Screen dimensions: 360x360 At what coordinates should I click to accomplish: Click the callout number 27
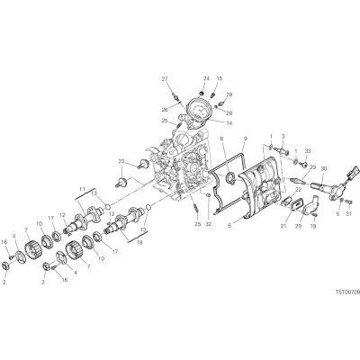point(165,79)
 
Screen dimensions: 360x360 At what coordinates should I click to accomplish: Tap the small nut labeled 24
point(202,92)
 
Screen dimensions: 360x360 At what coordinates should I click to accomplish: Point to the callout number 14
point(229,123)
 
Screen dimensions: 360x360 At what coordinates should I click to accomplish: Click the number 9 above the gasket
point(245,139)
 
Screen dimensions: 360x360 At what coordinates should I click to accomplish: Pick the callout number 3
point(283,137)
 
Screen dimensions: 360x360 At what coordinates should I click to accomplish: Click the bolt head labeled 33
point(304,165)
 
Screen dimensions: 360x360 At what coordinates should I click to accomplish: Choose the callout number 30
point(323,168)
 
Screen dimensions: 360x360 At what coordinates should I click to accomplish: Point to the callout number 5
point(337,214)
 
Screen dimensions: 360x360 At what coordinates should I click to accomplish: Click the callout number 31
point(348,214)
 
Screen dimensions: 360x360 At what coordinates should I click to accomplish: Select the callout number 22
point(298,189)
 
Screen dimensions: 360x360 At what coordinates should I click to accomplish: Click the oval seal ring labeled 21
point(295,205)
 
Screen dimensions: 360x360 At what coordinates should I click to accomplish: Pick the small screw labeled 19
point(313,215)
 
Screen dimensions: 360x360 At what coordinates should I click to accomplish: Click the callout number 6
point(229,226)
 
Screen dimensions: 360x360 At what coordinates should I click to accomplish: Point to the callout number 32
point(209,224)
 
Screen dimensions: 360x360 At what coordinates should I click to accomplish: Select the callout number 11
point(82,189)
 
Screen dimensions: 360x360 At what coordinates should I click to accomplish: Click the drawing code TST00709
point(347,292)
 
